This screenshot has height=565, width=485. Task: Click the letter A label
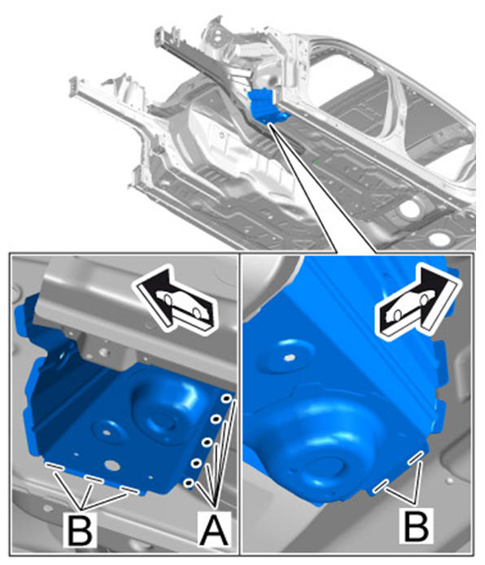pos(214,530)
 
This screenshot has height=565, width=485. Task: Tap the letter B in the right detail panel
pos(416,525)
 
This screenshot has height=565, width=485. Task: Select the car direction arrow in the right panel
pos(418,302)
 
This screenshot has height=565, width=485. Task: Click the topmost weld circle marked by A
pos(227,398)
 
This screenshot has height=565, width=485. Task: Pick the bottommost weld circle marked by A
pos(189,483)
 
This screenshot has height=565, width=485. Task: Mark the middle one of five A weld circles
pos(207,441)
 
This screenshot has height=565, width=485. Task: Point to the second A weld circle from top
pos(216,419)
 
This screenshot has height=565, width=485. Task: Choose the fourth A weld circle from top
pos(197,463)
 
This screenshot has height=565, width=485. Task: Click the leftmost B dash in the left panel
pos(55,467)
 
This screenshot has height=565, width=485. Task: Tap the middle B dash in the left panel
pos(94,479)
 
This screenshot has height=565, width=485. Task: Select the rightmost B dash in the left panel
pos(129,489)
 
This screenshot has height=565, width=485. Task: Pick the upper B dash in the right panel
pos(415,457)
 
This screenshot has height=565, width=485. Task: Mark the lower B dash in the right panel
pos(381,486)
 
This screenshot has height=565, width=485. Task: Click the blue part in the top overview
pos(267,106)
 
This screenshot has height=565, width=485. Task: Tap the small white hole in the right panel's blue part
pos(288,358)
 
